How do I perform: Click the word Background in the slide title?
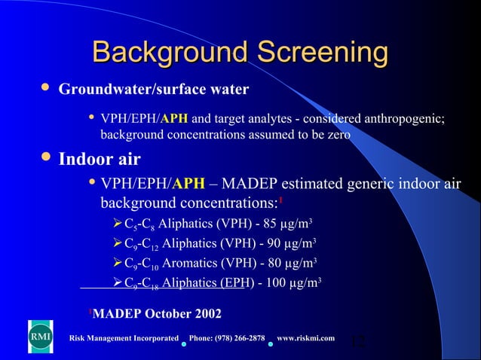pos(170,53)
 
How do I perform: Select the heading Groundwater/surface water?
pos(154,90)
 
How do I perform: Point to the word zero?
pos(337,134)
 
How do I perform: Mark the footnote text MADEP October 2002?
pos(156,313)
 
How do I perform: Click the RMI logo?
pos(40,337)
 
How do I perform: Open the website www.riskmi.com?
pos(306,338)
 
